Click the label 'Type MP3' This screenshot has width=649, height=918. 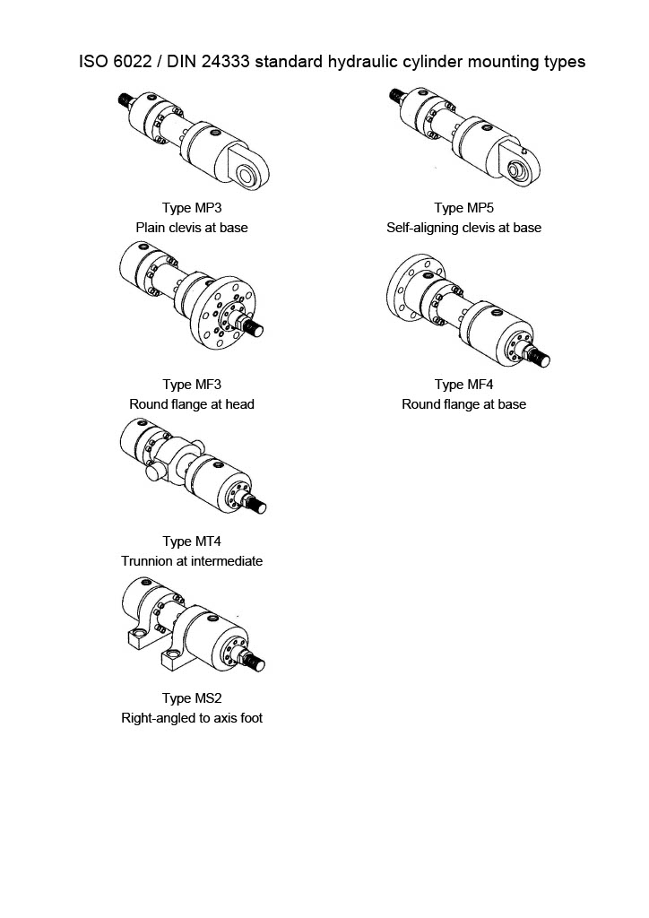[191, 208]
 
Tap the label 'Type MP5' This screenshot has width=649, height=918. [463, 208]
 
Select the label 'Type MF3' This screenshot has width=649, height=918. [191, 385]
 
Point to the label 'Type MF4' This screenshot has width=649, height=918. [463, 385]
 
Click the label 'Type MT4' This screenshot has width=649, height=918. [191, 541]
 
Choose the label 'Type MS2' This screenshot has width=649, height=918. [191, 698]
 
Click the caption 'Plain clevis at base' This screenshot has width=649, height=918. [191, 228]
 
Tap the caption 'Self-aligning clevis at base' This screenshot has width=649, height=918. [463, 228]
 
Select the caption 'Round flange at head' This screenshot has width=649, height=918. [191, 404]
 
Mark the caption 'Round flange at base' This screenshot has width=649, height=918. [463, 404]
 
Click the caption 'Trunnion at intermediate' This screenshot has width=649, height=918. [191, 561]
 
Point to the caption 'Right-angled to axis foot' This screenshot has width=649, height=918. [191, 718]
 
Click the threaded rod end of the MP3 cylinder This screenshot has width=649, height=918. [126, 100]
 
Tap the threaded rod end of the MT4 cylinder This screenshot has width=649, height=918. [262, 508]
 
